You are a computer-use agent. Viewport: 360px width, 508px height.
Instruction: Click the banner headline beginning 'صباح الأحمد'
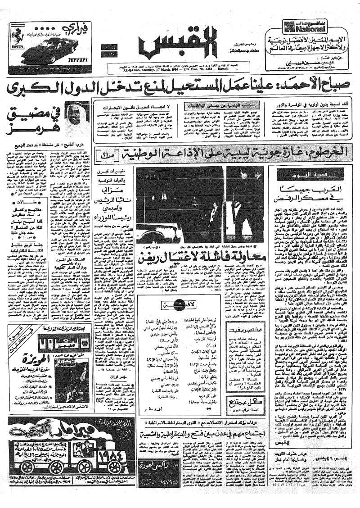(180, 87)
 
